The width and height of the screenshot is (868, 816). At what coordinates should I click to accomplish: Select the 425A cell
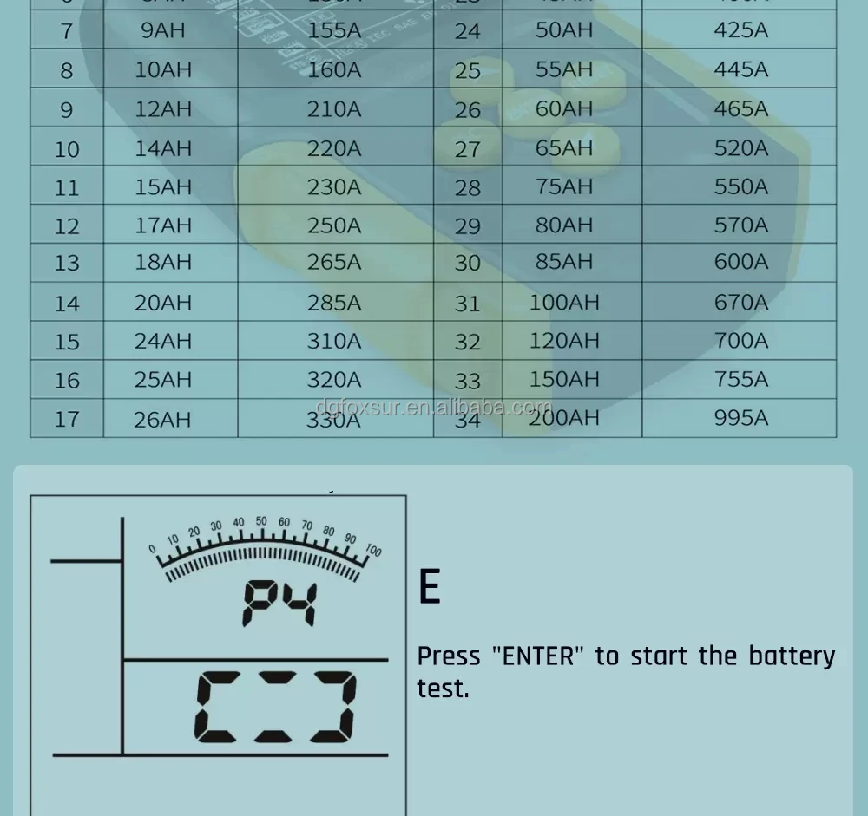740,30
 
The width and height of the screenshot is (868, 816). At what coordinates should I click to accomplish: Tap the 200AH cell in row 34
564,418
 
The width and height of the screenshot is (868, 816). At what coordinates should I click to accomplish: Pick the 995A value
740,418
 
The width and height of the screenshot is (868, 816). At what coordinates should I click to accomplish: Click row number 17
67,420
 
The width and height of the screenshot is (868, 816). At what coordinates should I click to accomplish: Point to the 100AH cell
564,303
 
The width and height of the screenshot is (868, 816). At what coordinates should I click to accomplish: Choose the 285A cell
333,303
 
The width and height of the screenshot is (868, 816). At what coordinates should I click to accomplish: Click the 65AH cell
563,147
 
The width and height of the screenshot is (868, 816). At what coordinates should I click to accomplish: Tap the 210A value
333,109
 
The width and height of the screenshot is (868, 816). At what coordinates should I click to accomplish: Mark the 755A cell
740,379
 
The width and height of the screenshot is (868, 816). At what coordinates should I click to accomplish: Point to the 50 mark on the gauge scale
261,522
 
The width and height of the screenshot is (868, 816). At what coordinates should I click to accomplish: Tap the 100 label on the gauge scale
373,550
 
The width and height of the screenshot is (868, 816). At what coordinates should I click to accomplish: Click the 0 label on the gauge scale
153,549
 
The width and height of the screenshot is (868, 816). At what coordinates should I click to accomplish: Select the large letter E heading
429,587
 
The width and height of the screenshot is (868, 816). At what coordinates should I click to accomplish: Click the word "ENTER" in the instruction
539,656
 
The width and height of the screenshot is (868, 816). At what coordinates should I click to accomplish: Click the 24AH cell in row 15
162,342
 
